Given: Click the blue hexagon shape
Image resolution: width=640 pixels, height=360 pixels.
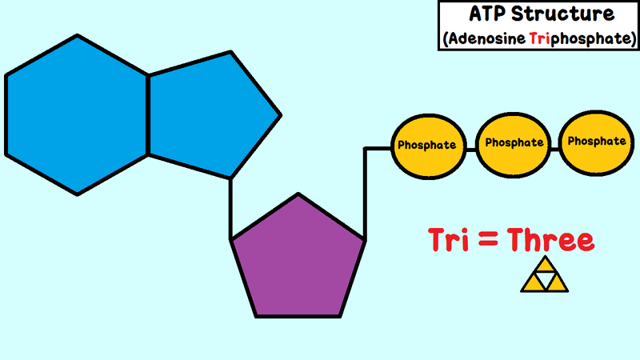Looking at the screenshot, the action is (77, 115).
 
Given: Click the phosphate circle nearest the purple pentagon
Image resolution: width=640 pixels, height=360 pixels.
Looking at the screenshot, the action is (429, 146).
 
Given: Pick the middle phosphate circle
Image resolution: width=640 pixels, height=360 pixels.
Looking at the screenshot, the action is (514, 145).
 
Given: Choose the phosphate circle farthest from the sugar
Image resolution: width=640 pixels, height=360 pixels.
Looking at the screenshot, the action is (596, 143).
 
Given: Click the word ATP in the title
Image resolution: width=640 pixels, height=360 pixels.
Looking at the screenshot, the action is (488, 14).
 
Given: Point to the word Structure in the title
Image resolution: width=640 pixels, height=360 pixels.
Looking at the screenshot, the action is (563, 14).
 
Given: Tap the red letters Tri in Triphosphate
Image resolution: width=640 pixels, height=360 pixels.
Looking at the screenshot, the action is (539, 38).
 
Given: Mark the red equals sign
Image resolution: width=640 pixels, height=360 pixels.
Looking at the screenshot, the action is (488, 239).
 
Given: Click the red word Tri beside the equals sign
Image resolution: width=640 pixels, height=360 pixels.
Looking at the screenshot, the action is (449, 239).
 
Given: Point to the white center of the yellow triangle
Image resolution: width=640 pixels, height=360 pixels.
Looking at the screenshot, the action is (545, 278).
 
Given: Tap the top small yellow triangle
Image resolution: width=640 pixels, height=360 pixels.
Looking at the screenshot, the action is (545, 265).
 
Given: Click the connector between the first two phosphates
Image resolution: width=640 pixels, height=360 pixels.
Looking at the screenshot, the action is (471, 150).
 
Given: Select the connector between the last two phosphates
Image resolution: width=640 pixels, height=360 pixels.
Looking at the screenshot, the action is (555, 149).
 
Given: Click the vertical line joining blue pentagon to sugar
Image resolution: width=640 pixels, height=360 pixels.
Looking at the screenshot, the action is (230, 208).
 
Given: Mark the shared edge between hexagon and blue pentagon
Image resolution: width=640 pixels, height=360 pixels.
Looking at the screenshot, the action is (148, 115).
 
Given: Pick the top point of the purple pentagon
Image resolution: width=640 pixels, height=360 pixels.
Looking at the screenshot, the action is (298, 194).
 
